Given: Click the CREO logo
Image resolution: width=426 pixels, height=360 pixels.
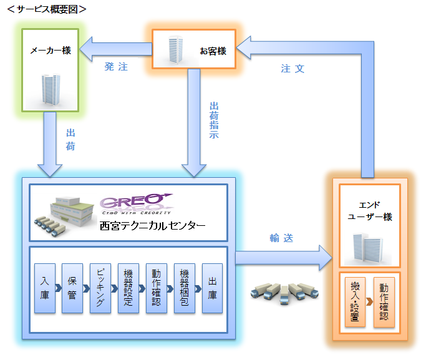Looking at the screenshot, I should (136, 203).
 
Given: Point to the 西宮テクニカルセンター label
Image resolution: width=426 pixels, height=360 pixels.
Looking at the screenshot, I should (152, 226).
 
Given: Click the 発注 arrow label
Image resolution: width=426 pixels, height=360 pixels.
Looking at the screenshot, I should (116, 67).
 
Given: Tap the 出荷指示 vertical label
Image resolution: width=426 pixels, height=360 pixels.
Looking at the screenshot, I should (214, 119).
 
